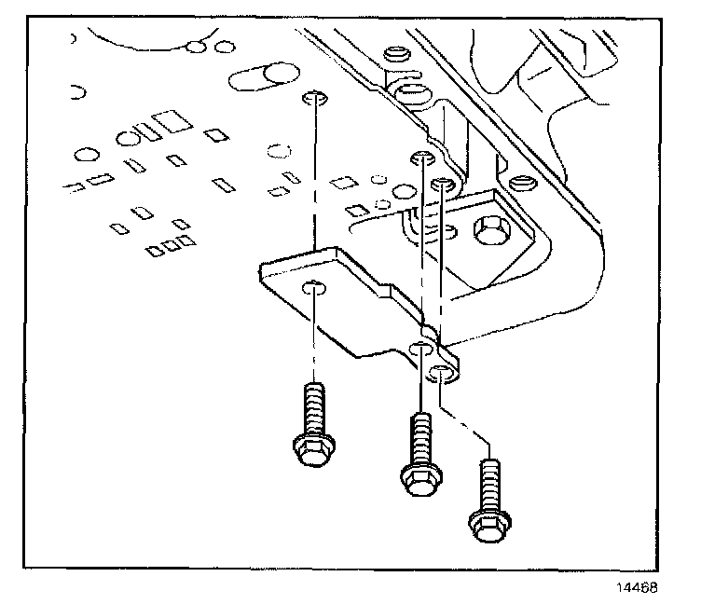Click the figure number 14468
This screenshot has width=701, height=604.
tap(639, 588)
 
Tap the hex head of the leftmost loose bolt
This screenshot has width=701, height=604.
tap(309, 451)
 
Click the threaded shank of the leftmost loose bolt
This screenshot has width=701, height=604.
tap(312, 409)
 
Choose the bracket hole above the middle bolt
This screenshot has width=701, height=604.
tap(421, 349)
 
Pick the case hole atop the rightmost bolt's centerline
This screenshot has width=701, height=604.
tap(442, 183)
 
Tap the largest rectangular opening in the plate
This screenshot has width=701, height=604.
tap(170, 121)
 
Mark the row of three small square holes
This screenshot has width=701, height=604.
tap(170, 246)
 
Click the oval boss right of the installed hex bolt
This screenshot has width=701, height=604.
tap(525, 183)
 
